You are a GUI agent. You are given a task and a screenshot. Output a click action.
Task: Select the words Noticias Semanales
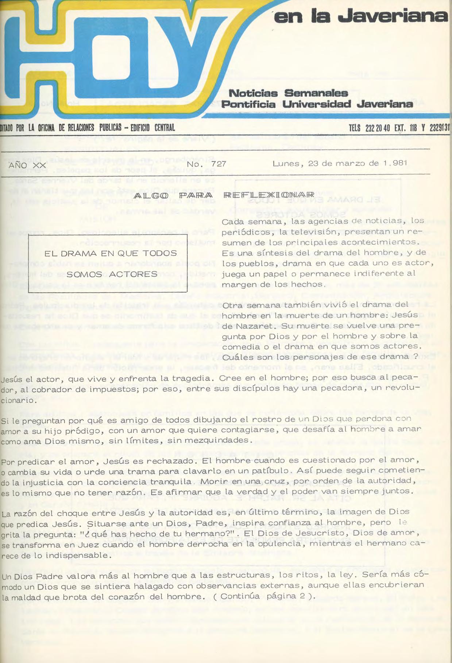coord(288,93)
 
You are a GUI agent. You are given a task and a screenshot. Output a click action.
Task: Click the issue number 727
coord(219,164)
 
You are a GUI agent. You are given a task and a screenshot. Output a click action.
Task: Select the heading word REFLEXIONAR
coord(269,195)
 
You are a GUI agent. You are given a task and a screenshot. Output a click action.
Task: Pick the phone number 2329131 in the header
coord(440,128)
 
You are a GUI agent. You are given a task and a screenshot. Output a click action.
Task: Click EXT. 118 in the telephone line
coord(405,128)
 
